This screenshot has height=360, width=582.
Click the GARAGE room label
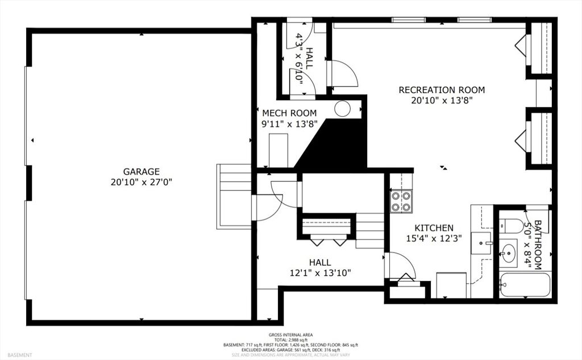142,172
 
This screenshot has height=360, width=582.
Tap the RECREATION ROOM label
442,90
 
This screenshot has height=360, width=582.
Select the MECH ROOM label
289,113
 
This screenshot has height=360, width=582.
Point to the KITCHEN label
434,227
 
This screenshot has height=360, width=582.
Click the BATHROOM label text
537,245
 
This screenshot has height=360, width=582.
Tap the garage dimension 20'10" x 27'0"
142,183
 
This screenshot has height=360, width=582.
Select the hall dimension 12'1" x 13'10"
321,273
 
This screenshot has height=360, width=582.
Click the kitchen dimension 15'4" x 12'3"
434,238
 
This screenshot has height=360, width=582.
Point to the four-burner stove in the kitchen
401,201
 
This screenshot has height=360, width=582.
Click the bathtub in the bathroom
525,285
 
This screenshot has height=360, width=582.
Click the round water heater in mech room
342,109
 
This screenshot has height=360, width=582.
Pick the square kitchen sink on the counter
481,243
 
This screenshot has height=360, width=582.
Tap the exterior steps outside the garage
234,196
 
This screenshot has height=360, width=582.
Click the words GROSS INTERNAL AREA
290,335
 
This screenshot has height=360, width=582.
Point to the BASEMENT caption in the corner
20,355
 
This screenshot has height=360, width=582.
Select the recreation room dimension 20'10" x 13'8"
442,100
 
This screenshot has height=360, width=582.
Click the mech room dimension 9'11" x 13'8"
289,124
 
